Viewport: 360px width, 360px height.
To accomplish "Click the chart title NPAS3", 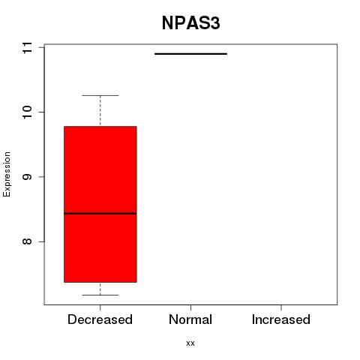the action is click(x=190, y=23).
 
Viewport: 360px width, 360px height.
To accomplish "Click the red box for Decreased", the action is click(x=100, y=204).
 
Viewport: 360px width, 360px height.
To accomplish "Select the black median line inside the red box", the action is click(x=100, y=213).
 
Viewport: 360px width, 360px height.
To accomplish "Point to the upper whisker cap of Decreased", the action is click(x=100, y=95).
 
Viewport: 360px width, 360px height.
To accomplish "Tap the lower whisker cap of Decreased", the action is click(x=100, y=295).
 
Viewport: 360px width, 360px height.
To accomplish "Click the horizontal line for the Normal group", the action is click(x=190, y=54).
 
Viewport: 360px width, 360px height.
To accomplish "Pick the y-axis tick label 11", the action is click(x=27, y=47).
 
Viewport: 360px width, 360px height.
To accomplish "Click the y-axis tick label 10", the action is click(x=27, y=112).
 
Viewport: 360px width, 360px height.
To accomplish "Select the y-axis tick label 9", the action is click(x=27, y=177).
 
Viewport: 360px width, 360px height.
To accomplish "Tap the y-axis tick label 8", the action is click(x=27, y=241).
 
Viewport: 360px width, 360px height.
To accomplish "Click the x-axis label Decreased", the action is click(x=100, y=319).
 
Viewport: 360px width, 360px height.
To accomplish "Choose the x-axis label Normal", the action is click(x=190, y=319).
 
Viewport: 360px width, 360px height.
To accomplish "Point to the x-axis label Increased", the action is click(x=281, y=319).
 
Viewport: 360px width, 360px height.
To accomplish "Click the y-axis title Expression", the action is click(x=7, y=174).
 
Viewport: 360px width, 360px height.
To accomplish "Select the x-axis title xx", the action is click(x=190, y=343).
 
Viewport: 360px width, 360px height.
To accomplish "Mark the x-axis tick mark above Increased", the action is click(x=281, y=307).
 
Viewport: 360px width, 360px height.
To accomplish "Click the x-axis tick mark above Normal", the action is click(x=190, y=307).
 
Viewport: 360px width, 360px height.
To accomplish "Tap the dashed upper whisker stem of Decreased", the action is click(x=100, y=111).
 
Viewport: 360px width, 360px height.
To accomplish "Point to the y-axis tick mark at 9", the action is click(x=41, y=177).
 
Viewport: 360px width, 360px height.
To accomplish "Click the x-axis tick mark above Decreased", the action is click(x=100, y=307).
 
